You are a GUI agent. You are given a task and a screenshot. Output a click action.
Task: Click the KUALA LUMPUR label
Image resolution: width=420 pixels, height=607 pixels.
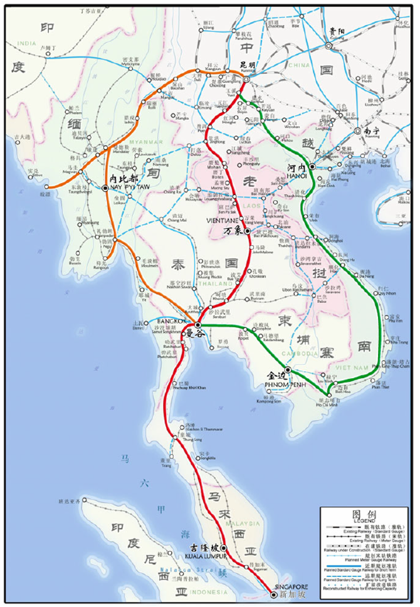pyautogui.click(x=204, y=556)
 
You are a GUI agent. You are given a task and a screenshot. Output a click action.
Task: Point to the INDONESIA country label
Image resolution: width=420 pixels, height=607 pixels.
pyautogui.click(x=208, y=591)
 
